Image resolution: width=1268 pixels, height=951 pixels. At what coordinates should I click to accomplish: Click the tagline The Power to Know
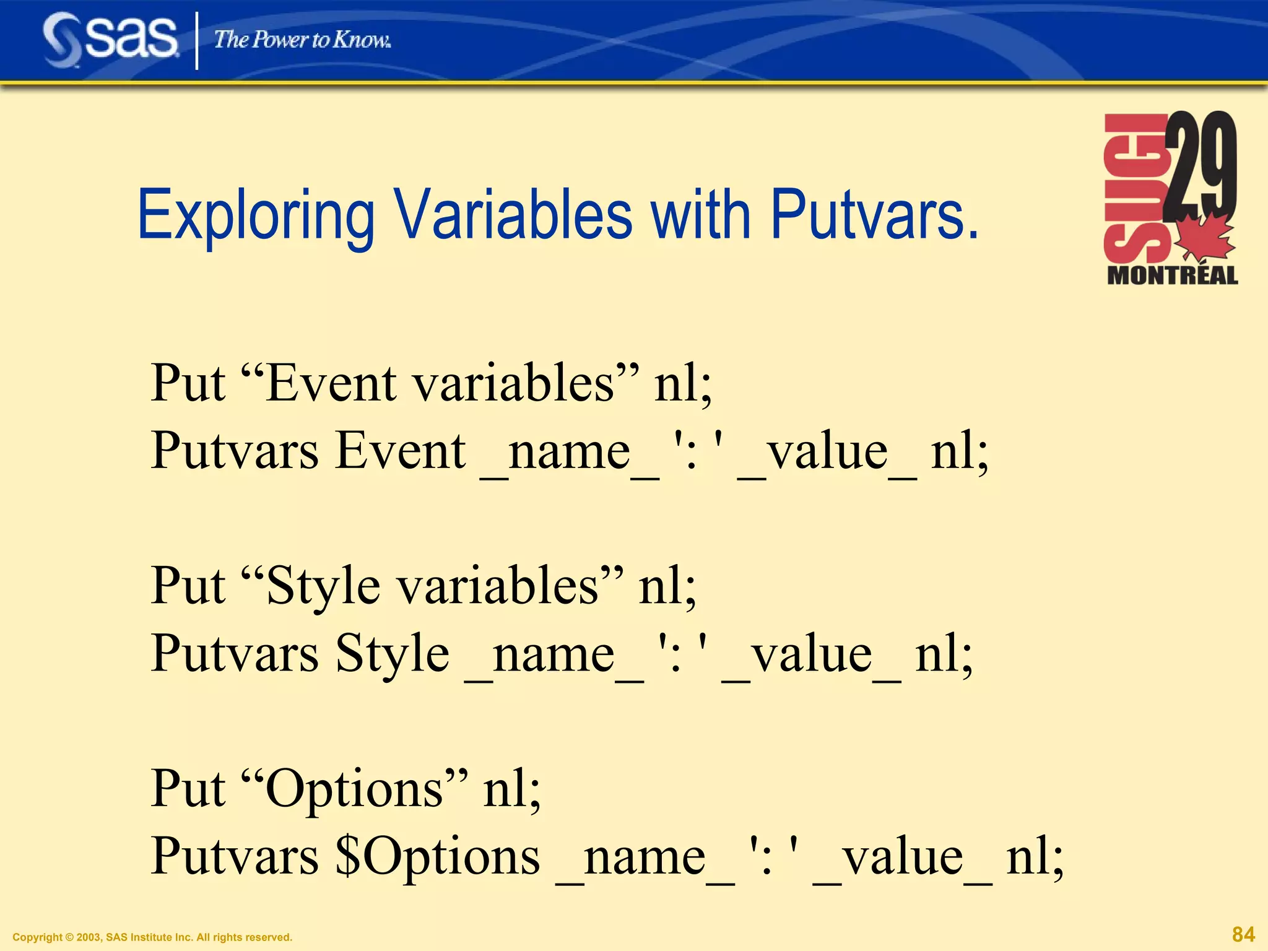coord(302,40)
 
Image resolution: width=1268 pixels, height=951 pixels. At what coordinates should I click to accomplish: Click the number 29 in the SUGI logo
coord(1201,164)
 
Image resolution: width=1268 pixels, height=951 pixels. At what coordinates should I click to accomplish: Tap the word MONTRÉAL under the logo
coord(1172,276)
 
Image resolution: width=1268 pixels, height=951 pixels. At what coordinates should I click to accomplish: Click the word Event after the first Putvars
coord(401,451)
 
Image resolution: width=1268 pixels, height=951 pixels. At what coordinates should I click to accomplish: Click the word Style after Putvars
coord(392,654)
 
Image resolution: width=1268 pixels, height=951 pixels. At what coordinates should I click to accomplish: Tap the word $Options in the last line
coord(437,857)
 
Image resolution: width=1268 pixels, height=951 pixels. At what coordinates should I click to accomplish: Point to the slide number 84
coord(1243,934)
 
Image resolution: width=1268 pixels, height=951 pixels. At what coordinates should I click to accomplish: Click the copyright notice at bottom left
coord(152,937)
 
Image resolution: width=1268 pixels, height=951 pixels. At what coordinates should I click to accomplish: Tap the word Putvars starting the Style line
coord(235,654)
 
